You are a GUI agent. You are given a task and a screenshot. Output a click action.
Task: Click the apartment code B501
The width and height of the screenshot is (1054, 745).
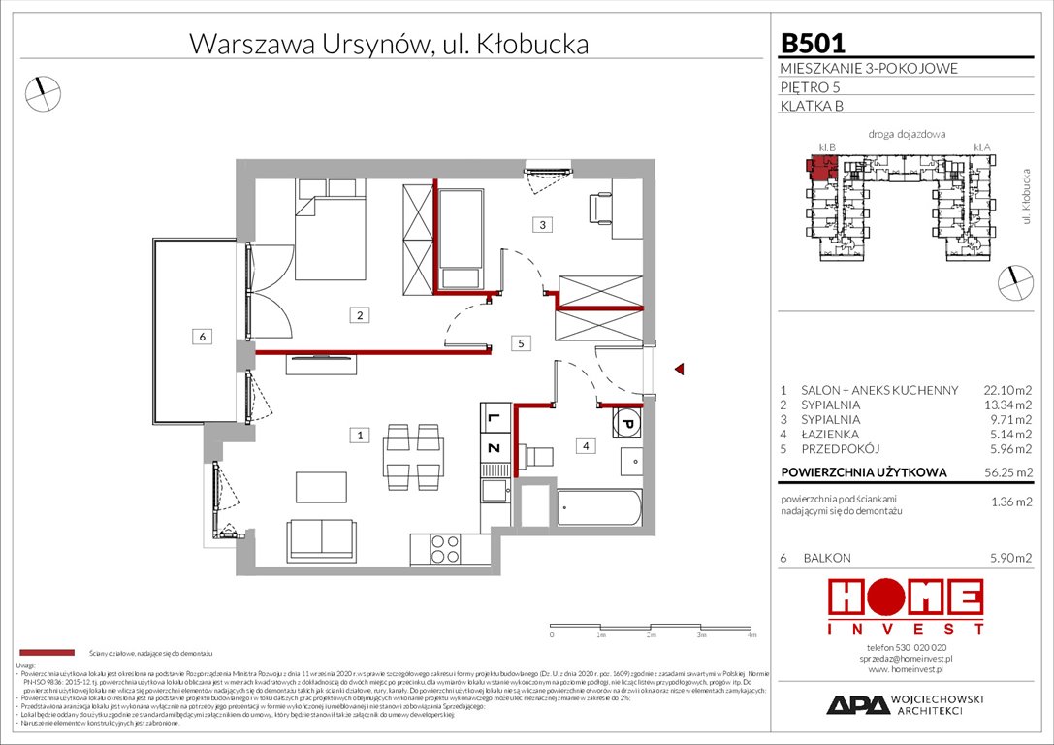[813, 43]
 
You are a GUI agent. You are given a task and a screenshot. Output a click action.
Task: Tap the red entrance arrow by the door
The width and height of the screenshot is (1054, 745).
[680, 369]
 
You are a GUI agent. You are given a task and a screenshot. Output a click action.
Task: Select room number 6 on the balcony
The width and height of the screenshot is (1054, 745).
[201, 337]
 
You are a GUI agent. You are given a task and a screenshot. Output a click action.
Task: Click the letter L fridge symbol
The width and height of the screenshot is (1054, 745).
[493, 418]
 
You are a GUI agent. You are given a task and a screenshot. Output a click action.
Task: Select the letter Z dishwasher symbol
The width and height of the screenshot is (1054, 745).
[493, 448]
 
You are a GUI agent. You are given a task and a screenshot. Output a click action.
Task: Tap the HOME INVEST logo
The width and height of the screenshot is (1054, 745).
[906, 607]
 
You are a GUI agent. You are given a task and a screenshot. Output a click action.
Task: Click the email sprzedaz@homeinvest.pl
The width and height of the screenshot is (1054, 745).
[906, 657]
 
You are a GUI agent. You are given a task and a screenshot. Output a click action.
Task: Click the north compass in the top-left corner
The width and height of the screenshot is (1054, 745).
[42, 92]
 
